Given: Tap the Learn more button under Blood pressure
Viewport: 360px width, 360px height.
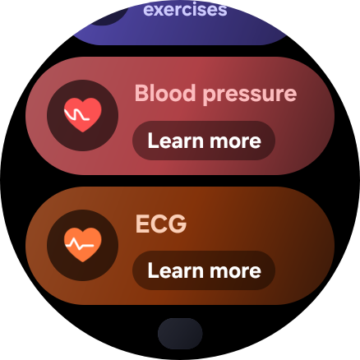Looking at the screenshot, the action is (x=204, y=141).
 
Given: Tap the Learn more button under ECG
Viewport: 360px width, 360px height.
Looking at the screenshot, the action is (x=204, y=270).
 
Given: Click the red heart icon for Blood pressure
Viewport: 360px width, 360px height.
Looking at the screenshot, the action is (x=83, y=115).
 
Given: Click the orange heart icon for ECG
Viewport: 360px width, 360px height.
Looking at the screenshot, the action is (x=83, y=245).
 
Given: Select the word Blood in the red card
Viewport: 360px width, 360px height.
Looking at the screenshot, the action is (x=165, y=93).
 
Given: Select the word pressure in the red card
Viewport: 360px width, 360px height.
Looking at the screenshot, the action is (x=250, y=95).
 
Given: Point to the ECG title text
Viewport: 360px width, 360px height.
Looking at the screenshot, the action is (x=161, y=224).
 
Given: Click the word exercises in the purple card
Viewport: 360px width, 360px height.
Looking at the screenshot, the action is (x=185, y=9).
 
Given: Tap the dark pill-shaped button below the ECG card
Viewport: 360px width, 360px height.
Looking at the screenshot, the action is (x=180, y=334).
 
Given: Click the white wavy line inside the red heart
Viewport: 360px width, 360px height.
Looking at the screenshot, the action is (x=76, y=114).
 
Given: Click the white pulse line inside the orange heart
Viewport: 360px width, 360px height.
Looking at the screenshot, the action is (x=80, y=245).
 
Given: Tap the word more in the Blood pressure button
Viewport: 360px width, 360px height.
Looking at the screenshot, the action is (x=235, y=142).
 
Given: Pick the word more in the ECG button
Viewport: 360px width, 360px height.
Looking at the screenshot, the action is (x=235, y=272).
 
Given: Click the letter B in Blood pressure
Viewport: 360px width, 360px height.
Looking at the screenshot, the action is (x=141, y=93).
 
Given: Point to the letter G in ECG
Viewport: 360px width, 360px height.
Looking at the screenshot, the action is (x=178, y=224).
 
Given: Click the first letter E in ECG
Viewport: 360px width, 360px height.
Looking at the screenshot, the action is (x=141, y=224).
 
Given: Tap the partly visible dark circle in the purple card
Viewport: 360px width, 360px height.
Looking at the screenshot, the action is (x=109, y=16).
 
